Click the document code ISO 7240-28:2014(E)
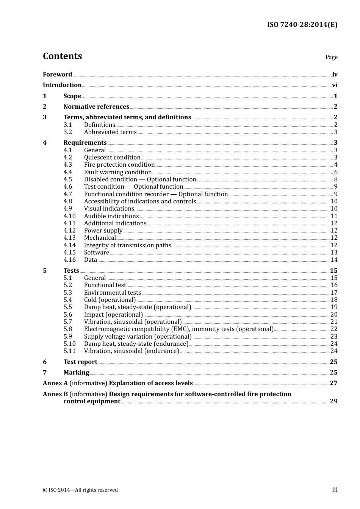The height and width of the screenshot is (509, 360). coord(302,25)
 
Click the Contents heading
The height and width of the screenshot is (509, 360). coord(62,56)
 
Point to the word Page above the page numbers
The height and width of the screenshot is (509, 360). coord(331,57)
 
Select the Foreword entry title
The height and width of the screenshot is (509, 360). coord(57,75)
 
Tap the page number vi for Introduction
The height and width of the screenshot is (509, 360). coord(335,85)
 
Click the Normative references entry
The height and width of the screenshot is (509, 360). coord(96,107)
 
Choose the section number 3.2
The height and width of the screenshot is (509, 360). coord(68,132)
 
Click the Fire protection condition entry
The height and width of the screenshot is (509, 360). coord(119,165)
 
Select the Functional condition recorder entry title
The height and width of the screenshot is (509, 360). coord(156,194)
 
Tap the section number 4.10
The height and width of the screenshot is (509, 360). coord(69,216)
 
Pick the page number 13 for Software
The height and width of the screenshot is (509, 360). coord(334,253)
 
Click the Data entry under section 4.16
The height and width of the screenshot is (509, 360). coord(91,260)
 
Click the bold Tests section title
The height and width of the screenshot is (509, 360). coord(71,271)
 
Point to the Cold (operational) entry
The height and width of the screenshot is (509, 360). coord(110,300)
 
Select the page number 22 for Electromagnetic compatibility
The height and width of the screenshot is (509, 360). coord(334,329)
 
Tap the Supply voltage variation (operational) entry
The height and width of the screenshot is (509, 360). coord(138,337)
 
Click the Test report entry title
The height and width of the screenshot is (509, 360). coord(80,362)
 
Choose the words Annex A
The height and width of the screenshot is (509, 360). coord(55,383)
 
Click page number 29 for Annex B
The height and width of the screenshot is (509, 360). coord(333,401)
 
